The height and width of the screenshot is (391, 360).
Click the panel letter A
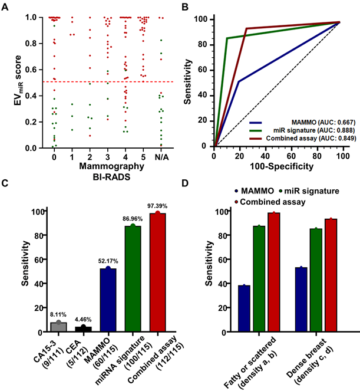pos(5,6)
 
